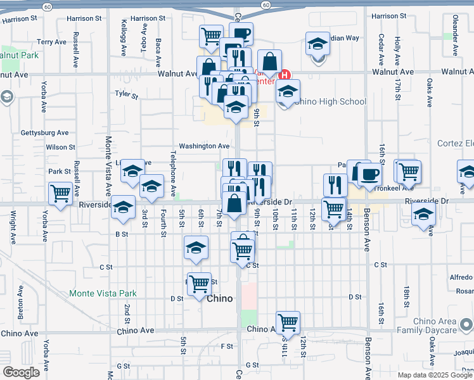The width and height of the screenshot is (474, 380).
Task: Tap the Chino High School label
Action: pos(331,101)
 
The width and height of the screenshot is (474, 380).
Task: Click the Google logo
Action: pos(21,372)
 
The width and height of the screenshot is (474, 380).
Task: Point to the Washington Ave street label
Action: pos(203,146)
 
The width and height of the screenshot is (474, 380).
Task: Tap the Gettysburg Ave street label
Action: pos(44,133)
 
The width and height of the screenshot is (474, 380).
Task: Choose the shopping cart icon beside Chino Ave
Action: pos(288,322)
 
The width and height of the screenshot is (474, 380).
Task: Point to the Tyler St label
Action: pos(126,95)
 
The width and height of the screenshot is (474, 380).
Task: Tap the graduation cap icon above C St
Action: pos(196,248)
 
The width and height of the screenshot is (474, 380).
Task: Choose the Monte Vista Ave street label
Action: pos(108,167)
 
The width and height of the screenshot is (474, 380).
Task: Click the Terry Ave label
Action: pos(51,42)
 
